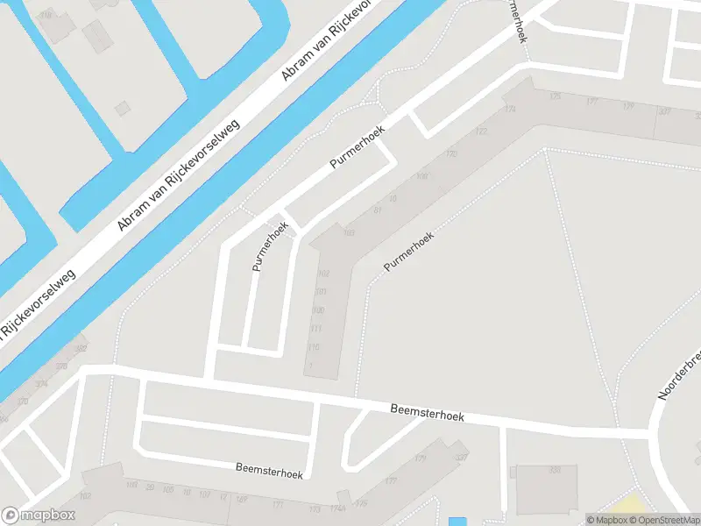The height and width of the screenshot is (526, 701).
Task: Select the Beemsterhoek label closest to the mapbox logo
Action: click(x=269, y=471)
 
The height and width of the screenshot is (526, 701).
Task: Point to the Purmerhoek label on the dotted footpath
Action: click(x=408, y=251)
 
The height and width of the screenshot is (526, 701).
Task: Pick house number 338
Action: click(x=554, y=470)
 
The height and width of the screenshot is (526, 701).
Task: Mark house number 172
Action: click(x=480, y=131)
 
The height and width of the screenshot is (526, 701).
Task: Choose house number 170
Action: click(x=451, y=155)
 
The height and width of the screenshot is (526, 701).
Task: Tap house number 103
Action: click(x=350, y=232)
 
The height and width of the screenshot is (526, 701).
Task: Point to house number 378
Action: click(x=61, y=366)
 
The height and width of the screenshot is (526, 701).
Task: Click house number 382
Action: click(x=81, y=348)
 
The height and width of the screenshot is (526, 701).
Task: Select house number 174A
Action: click(x=337, y=508)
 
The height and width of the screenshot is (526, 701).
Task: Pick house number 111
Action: click(x=315, y=329)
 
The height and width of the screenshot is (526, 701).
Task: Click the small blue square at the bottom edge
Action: click(x=457, y=522)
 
